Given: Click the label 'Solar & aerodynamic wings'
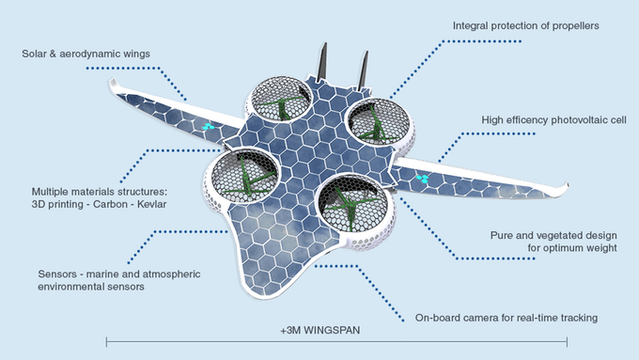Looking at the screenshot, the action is [x=86, y=54].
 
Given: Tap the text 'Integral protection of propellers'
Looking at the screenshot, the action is [x=525, y=25].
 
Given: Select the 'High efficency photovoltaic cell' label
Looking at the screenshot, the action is [x=553, y=120].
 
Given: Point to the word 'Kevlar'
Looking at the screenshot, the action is [x=151, y=204].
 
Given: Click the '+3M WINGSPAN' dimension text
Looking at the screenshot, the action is [x=320, y=330].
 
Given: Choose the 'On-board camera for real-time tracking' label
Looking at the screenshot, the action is [x=507, y=318].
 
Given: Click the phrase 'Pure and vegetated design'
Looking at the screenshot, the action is [x=553, y=236].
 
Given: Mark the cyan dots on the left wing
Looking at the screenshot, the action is [x=209, y=127].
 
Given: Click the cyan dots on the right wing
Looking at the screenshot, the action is [x=423, y=179].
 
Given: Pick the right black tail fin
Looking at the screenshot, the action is [x=363, y=70].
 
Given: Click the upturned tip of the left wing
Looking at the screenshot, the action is [x=111, y=84].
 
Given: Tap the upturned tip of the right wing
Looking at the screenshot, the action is [x=566, y=188].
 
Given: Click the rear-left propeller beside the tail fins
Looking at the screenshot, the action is [x=281, y=100].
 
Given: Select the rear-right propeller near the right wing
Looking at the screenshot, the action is [x=378, y=123].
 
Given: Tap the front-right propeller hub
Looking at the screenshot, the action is [x=351, y=203].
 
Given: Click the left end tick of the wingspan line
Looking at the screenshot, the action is [x=107, y=341].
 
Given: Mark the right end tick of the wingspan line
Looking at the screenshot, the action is [x=567, y=341].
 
